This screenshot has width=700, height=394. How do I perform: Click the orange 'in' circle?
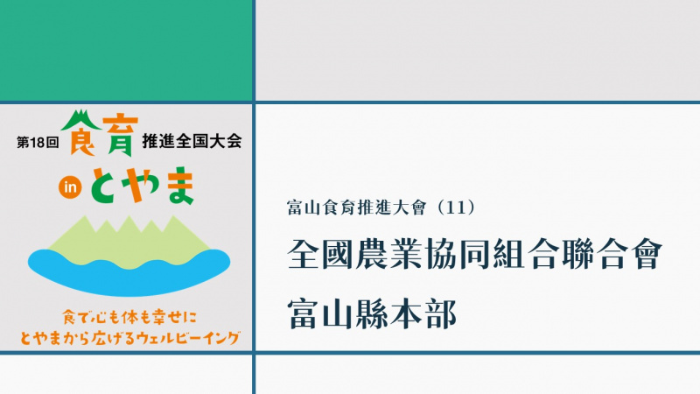pos(70,187)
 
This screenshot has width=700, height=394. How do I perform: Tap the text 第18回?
pos(38,143)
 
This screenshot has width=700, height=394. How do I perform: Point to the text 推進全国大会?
pos(192,141)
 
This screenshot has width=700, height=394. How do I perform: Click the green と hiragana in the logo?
pos(106,186)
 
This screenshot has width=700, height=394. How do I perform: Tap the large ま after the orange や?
pos(178,186)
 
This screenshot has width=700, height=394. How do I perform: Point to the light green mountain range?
pos(129,243)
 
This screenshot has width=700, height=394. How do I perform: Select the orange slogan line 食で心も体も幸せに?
pos(129,318)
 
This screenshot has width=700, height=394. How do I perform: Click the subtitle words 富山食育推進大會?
pos(357,208)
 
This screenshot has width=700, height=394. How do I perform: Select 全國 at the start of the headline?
pos(320,254)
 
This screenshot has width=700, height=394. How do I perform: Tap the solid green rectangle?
pos(126,51)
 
